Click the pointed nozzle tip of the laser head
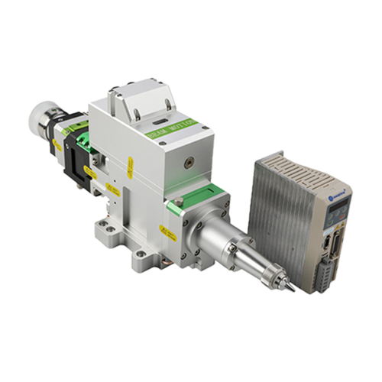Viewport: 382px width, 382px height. pyautogui.click(x=292, y=290)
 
